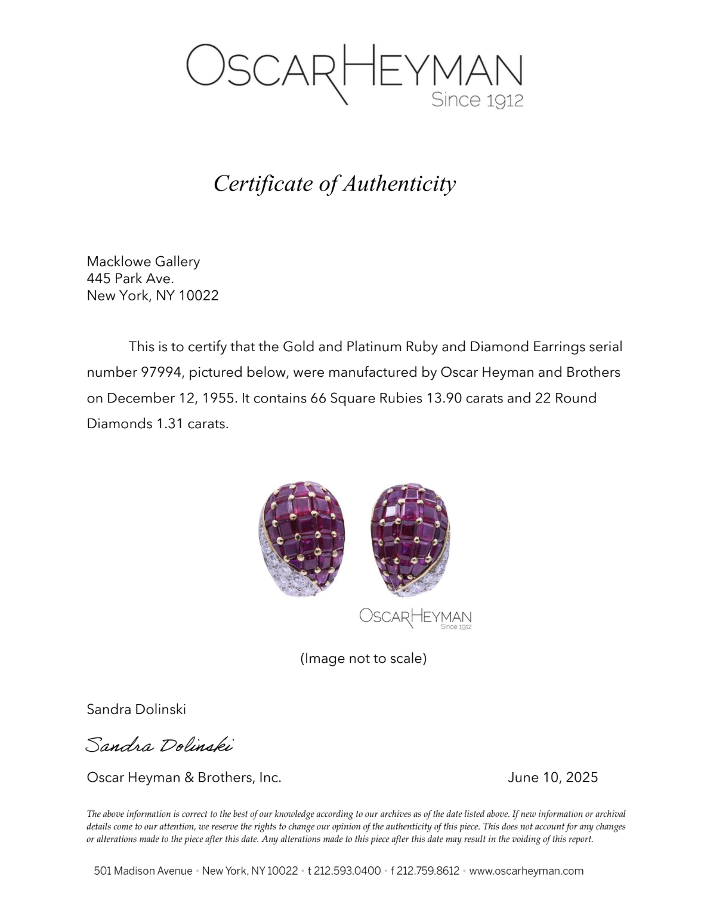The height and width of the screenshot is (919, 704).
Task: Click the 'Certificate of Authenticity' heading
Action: (x=335, y=183)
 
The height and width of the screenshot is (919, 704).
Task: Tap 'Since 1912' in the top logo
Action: (x=477, y=100)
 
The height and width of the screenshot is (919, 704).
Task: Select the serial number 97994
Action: (x=160, y=373)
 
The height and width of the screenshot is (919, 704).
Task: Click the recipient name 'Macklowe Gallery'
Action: (x=143, y=262)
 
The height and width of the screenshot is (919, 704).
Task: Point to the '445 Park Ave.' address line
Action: (x=130, y=278)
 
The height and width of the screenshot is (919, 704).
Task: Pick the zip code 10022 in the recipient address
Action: (x=199, y=296)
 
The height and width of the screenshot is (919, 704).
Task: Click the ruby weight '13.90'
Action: (x=444, y=398)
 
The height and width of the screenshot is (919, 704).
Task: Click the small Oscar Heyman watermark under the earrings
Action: (x=415, y=618)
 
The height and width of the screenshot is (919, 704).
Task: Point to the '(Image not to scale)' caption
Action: (x=363, y=659)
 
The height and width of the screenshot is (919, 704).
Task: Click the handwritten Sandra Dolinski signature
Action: (x=159, y=745)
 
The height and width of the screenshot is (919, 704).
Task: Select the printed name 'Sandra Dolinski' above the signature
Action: (x=137, y=709)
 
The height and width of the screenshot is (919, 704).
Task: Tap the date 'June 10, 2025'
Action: (x=552, y=777)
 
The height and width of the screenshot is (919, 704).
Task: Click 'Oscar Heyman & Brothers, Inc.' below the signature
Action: (x=184, y=777)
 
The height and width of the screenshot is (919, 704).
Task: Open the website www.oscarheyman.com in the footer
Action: (x=526, y=871)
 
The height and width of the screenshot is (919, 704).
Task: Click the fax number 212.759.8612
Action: (x=428, y=871)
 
